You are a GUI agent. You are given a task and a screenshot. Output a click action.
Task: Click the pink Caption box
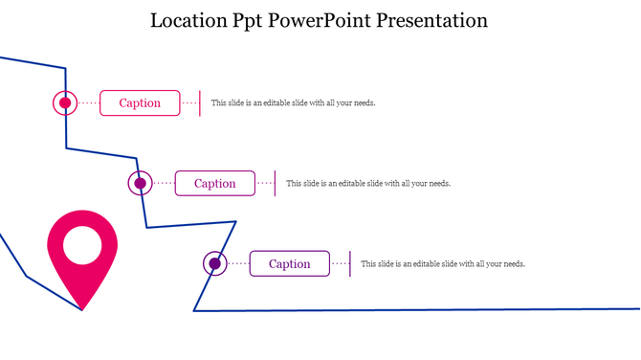click(140, 103)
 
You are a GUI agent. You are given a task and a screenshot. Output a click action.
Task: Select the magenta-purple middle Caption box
click(214, 184)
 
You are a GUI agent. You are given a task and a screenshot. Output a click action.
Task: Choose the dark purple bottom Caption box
click(289, 264)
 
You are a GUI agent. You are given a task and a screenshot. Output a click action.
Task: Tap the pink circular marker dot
click(65, 103)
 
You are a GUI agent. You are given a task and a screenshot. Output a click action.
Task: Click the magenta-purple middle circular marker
click(140, 183)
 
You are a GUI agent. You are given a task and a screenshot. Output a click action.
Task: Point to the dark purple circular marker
click(214, 263)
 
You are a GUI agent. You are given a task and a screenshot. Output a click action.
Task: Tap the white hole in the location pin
click(83, 245)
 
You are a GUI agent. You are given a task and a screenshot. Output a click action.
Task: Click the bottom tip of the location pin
click(83, 307)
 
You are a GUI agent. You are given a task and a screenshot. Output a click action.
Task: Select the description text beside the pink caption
click(293, 103)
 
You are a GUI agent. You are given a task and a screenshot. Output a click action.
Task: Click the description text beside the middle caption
click(368, 184)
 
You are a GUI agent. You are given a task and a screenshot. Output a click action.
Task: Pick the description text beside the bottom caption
click(443, 264)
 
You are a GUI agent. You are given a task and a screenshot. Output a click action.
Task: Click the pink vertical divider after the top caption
click(200, 103)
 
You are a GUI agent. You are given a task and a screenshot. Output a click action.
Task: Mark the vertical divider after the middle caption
click(275, 184)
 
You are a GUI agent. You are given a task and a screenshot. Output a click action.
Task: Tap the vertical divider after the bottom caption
click(349, 264)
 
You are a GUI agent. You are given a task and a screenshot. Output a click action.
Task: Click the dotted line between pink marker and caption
click(89, 103)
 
